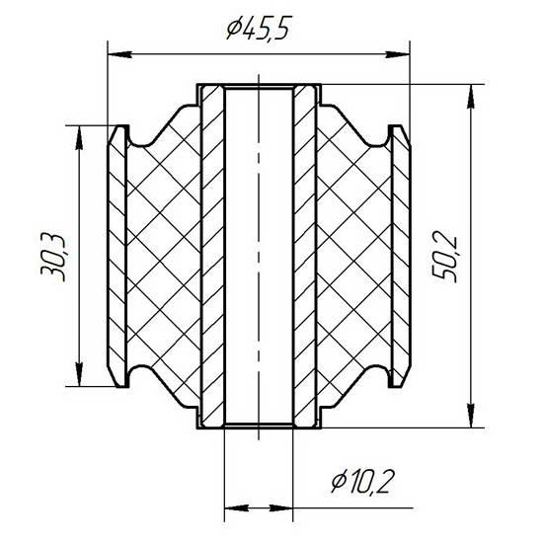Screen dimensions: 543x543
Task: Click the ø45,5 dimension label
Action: [258, 28]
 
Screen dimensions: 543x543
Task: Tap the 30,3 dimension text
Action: [52, 258]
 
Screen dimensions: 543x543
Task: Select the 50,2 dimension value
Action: [445, 259]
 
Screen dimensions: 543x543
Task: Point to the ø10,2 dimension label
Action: [362, 482]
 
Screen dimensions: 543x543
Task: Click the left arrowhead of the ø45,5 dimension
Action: [119, 54]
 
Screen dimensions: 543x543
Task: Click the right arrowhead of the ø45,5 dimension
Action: [398, 54]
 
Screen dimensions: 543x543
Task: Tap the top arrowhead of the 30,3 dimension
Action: [79, 137]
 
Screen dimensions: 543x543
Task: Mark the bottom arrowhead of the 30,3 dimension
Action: [79, 374]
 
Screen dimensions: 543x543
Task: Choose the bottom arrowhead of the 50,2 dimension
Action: [471, 416]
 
